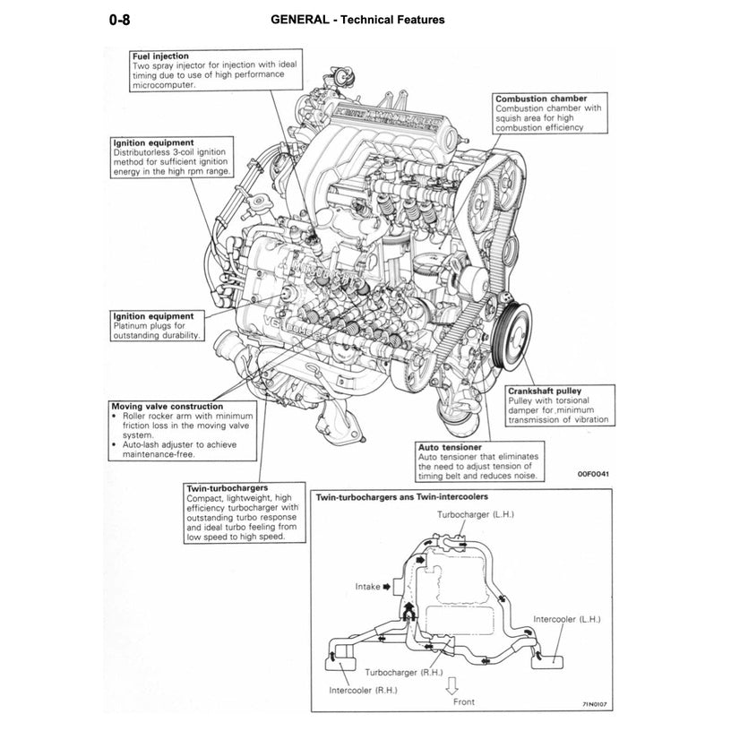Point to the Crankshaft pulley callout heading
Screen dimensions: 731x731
pos(544,391)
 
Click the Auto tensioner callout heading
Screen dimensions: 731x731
pos(450,446)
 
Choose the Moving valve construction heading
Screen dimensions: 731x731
pos(168,406)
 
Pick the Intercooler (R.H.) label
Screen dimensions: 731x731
pos(362,691)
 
